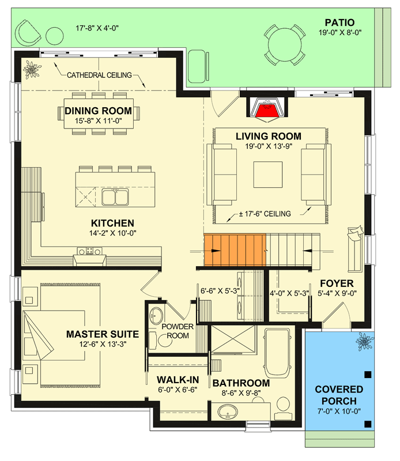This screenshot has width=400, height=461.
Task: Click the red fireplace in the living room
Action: (x=266, y=109)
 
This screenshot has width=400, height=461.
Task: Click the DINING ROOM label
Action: (x=98, y=111)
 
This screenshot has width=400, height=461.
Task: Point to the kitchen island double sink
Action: (x=115, y=198)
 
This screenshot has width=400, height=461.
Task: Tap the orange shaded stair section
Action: (x=234, y=251)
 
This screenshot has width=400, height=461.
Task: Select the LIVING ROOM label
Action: (x=268, y=136)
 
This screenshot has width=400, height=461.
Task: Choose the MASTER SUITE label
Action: (x=102, y=334)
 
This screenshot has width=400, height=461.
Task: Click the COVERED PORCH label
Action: (x=339, y=395)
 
